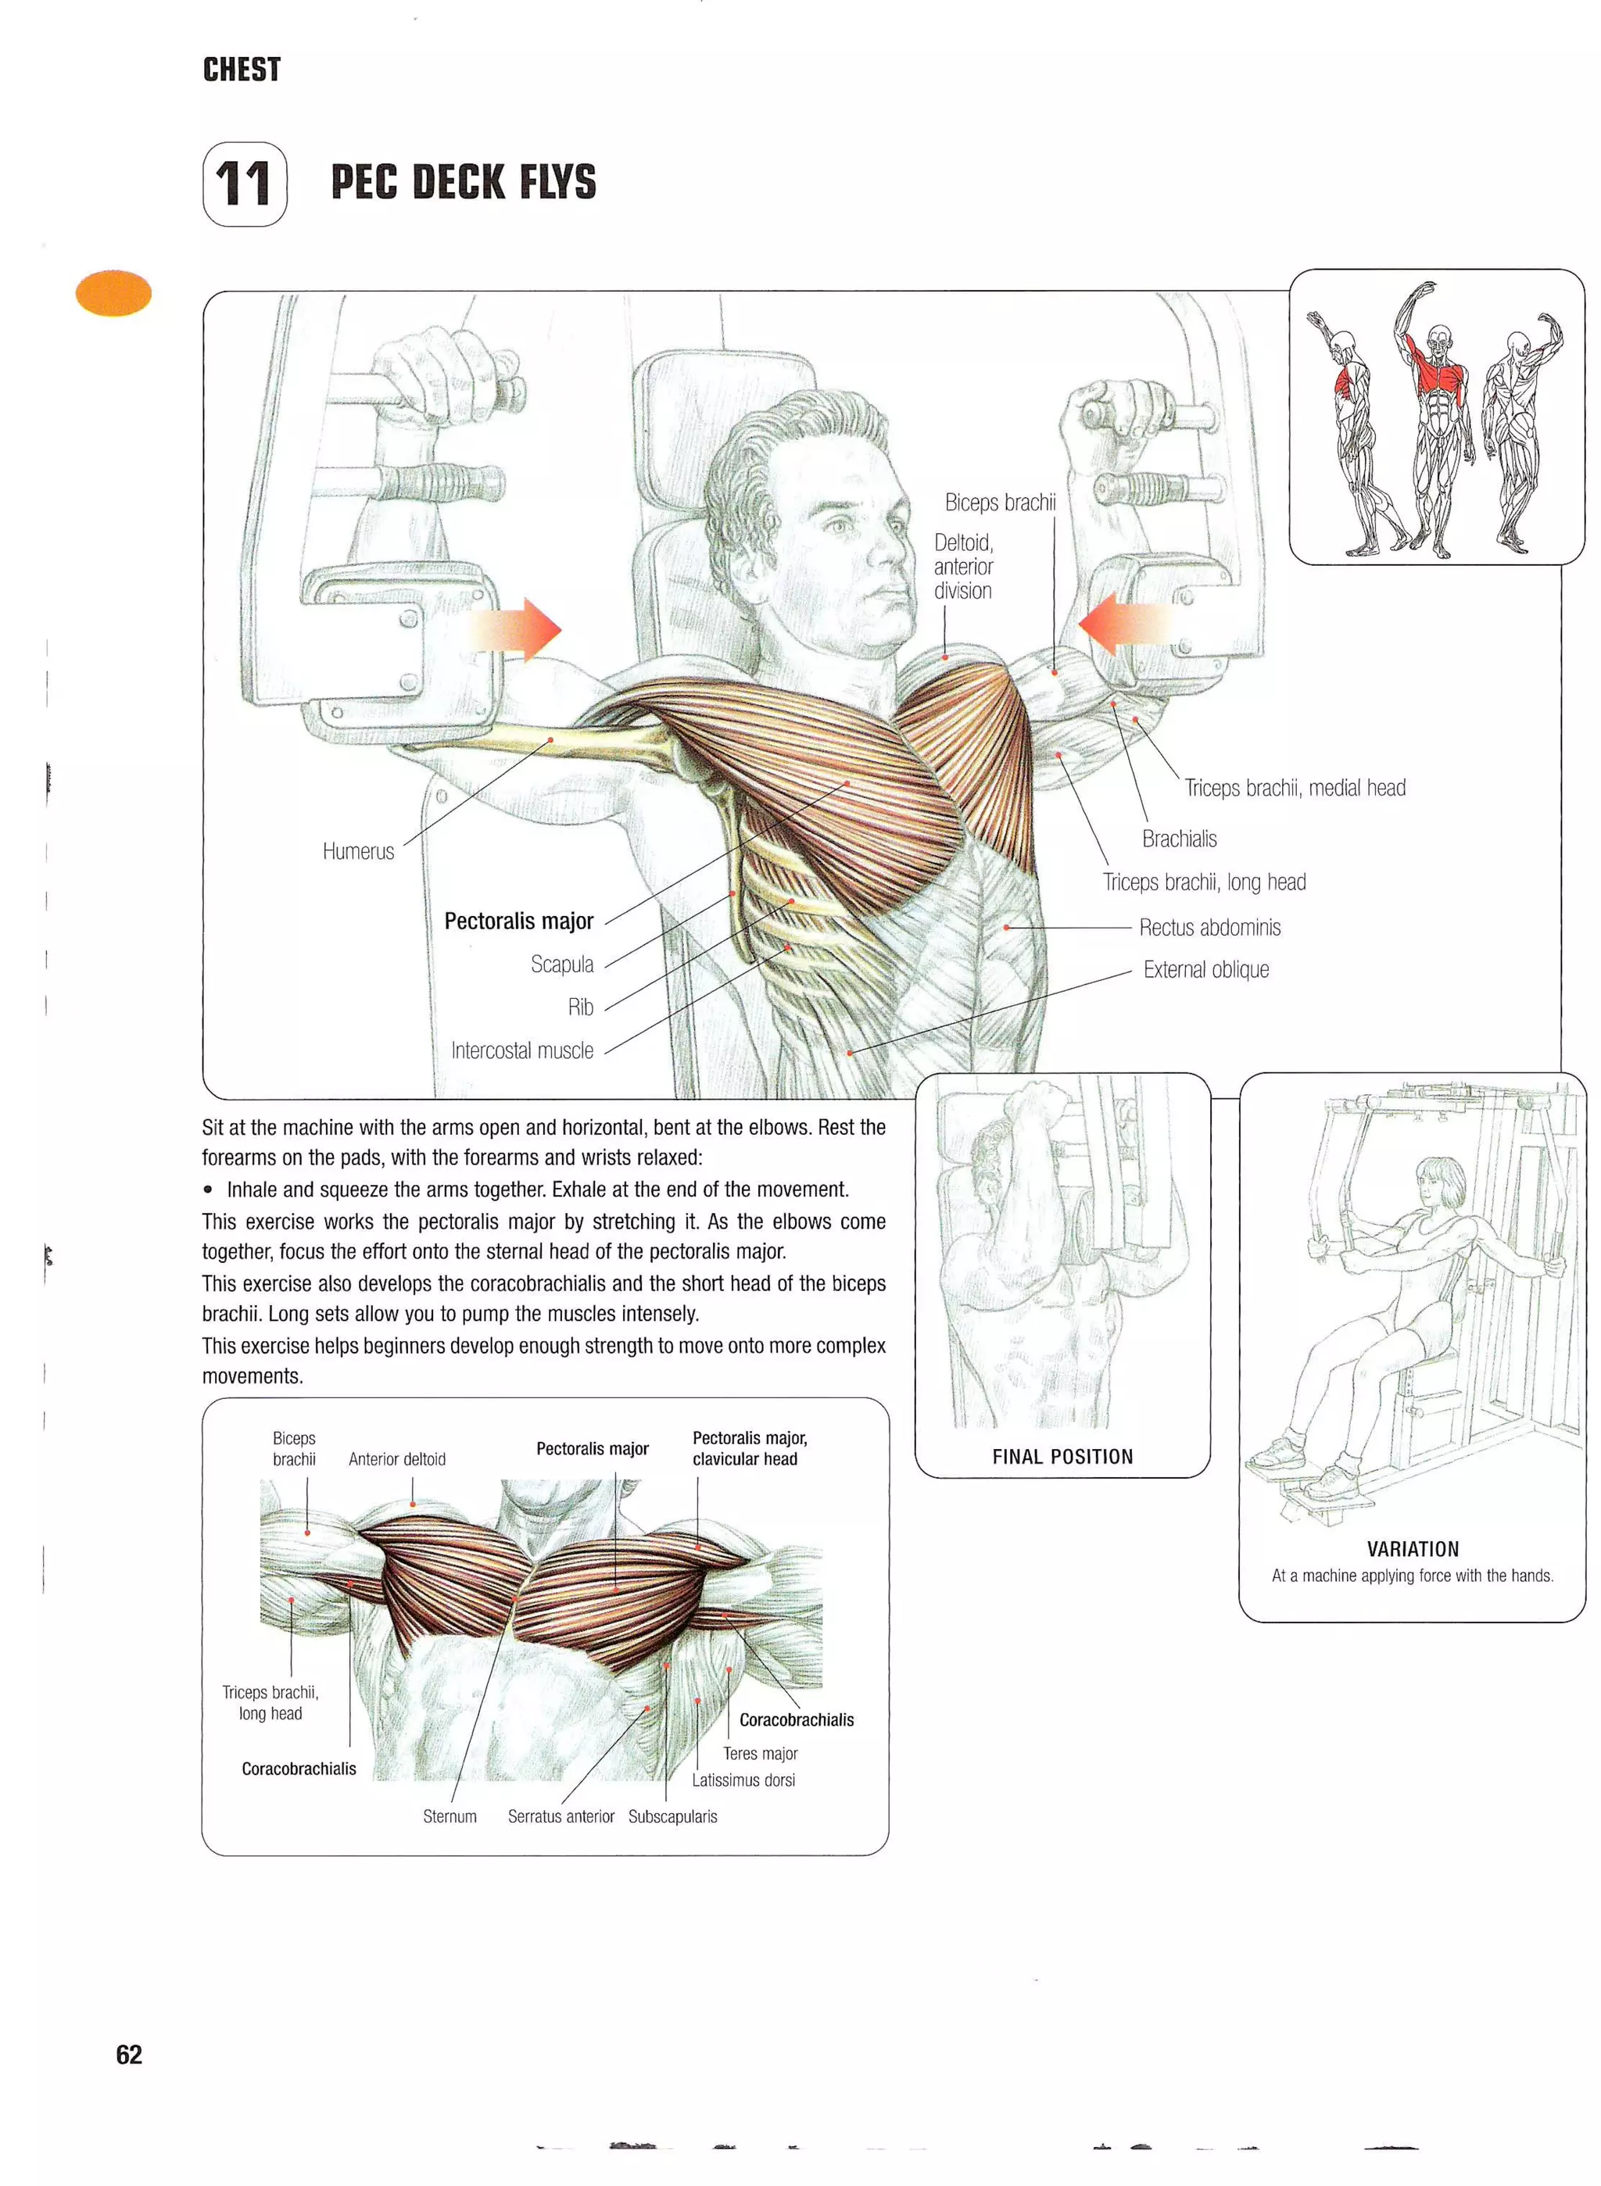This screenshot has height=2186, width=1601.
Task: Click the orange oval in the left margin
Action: tap(113, 294)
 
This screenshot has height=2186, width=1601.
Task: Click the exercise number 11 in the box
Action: tap(243, 184)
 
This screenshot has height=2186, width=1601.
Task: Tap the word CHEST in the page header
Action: tap(242, 70)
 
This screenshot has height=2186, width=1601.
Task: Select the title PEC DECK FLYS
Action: tap(464, 182)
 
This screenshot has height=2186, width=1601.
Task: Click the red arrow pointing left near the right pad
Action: tap(1124, 622)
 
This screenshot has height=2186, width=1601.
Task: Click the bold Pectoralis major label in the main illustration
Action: tap(518, 921)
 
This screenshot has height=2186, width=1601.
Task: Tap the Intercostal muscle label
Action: tap(521, 1050)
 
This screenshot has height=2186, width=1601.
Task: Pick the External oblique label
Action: tap(1205, 970)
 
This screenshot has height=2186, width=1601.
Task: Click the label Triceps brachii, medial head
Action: tap(1294, 789)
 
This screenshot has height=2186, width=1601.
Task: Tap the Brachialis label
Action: tap(1178, 839)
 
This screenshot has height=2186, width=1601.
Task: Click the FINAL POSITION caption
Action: tap(1062, 1456)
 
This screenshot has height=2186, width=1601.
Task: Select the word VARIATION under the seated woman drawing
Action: tap(1412, 1549)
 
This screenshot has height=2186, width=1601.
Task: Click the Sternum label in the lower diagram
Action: tap(449, 1817)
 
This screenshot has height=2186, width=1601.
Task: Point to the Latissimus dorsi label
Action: tap(743, 1780)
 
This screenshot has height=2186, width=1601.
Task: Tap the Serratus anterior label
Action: tap(561, 1817)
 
